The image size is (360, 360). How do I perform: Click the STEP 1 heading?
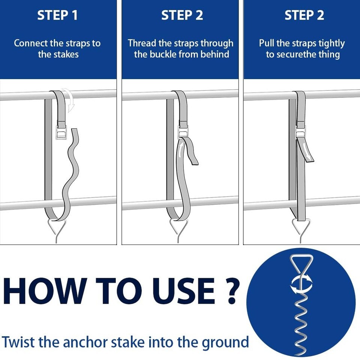57,15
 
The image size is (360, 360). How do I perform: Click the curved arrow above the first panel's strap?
70,99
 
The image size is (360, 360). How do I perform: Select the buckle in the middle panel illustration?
183,133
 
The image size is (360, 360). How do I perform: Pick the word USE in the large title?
186,291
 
